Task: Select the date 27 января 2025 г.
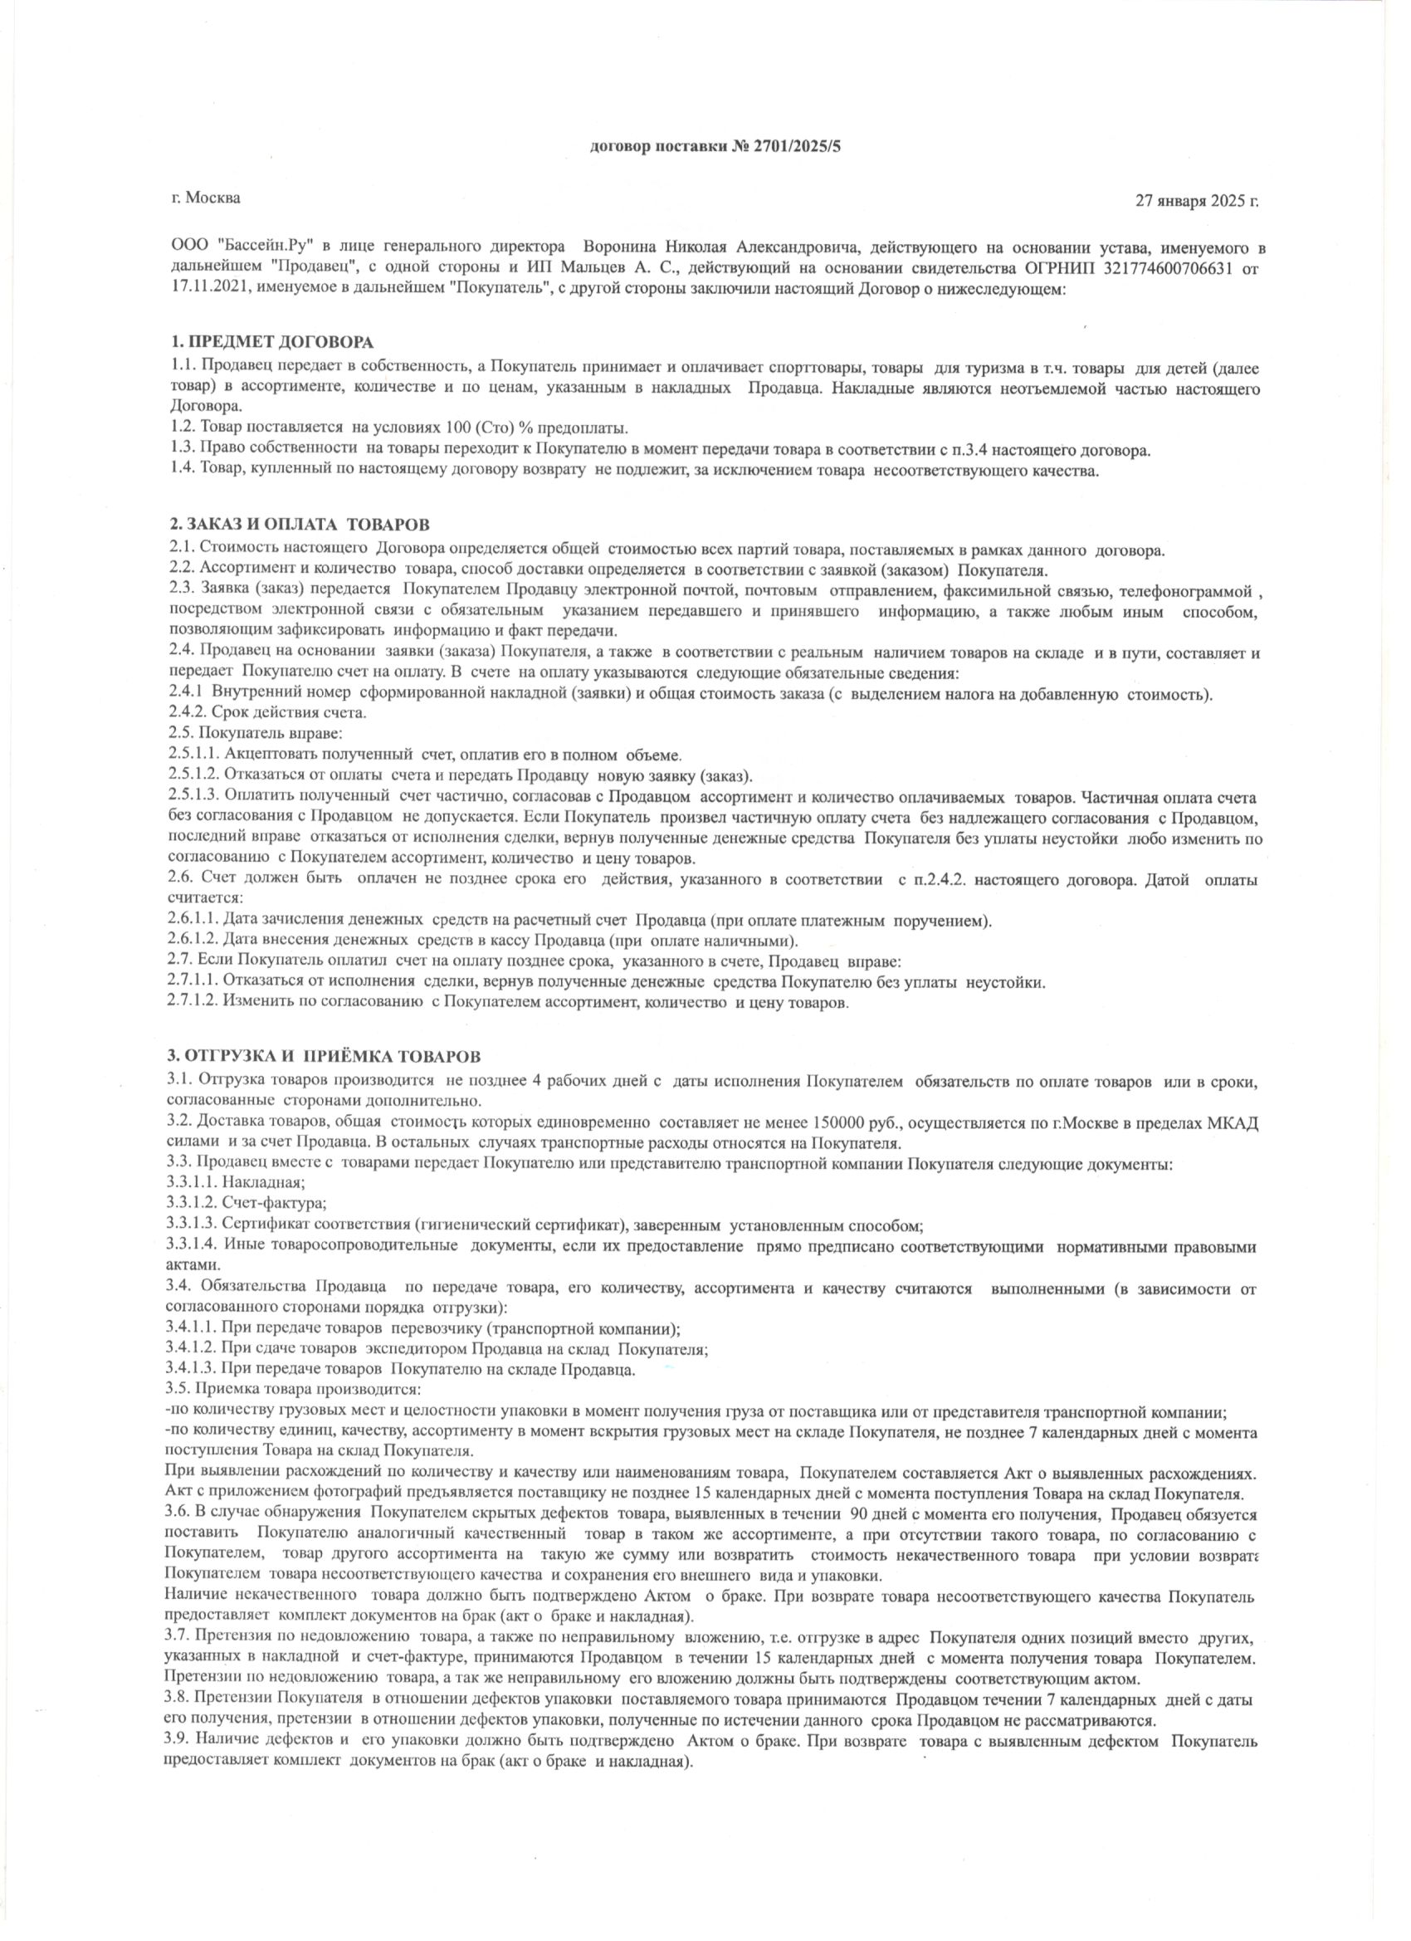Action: tap(1196, 202)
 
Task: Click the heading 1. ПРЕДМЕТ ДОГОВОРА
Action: tap(271, 343)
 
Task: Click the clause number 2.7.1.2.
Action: tap(193, 1002)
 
